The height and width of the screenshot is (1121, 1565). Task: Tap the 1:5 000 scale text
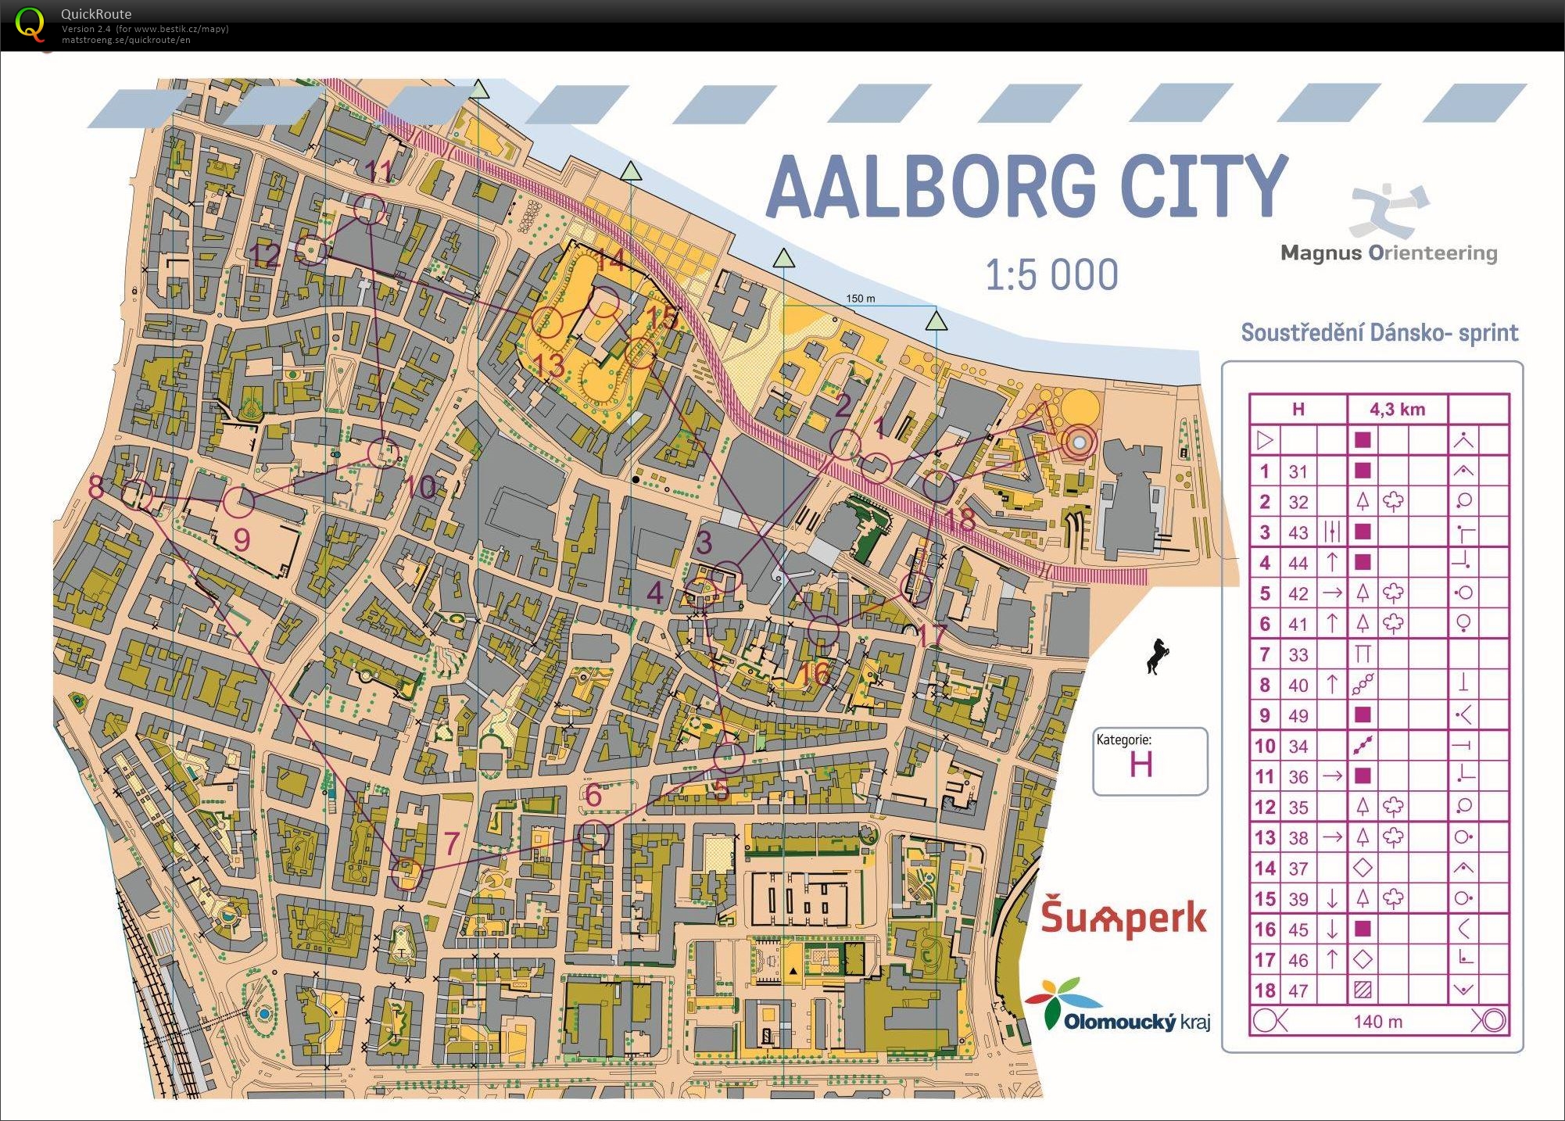point(1051,275)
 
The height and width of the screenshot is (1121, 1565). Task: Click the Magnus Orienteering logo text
point(1388,253)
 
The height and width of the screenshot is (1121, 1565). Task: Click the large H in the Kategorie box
point(1141,765)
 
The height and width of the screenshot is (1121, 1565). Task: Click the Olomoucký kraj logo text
point(1136,1021)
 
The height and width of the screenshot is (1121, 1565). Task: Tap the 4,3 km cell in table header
point(1397,409)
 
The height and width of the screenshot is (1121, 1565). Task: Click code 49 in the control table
point(1298,715)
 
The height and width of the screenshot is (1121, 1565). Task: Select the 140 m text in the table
point(1377,1021)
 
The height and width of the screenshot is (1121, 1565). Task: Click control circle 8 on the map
point(138,495)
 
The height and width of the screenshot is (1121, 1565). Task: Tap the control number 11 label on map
point(379,170)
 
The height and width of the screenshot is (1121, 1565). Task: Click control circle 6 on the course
point(593,836)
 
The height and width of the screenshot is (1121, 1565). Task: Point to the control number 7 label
point(451,843)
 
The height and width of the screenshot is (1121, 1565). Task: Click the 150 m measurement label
point(860,299)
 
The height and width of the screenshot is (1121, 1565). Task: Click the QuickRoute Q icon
point(30,23)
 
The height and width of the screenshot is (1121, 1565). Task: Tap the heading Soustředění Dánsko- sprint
point(1379,333)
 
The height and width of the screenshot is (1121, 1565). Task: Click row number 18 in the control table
point(1264,990)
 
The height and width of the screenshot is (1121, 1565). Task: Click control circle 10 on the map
point(383,453)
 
